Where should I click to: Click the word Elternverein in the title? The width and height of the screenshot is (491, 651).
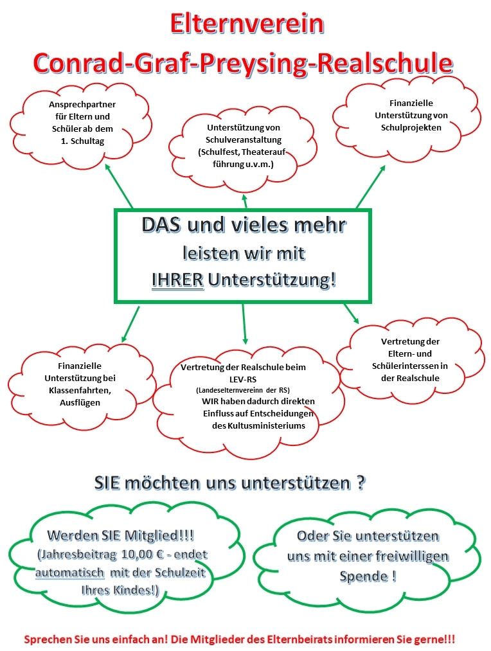(x=247, y=24)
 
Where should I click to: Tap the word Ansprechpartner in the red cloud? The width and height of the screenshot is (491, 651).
(x=82, y=105)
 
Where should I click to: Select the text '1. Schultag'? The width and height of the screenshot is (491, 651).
(x=83, y=141)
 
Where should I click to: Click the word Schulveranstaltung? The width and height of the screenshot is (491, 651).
(x=244, y=140)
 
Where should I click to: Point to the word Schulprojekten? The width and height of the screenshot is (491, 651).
(x=411, y=128)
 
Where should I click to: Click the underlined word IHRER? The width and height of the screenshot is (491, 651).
(x=177, y=280)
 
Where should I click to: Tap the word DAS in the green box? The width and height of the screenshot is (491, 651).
(x=161, y=225)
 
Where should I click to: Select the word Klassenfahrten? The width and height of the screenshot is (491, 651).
(x=80, y=391)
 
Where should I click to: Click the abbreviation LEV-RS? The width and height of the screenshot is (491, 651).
(x=243, y=379)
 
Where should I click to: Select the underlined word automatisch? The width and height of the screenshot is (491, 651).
(x=69, y=573)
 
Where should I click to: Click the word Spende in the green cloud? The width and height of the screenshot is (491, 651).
(x=363, y=576)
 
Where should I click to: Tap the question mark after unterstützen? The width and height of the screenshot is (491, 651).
(x=361, y=483)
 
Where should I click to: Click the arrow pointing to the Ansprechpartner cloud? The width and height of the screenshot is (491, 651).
(x=119, y=186)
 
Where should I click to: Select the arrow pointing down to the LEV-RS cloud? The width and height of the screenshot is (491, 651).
(x=244, y=324)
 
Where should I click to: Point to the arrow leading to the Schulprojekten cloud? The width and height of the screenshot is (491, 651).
(x=371, y=186)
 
